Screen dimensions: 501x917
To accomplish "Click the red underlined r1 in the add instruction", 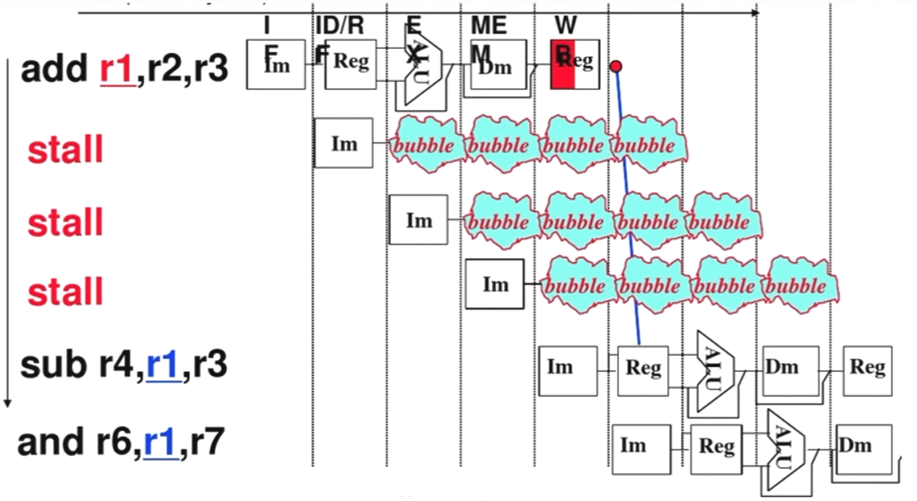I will tap(116, 70).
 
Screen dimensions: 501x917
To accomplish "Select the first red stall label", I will tap(66, 150).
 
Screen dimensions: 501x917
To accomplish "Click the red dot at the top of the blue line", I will tap(616, 67).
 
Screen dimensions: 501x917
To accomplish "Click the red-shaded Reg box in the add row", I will tap(574, 63).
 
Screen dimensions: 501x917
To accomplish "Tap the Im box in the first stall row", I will tap(344, 143).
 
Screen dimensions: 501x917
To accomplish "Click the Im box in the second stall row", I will tap(418, 220).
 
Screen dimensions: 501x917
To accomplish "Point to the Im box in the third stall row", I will tap(495, 285).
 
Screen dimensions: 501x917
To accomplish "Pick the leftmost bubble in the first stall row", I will tap(427, 145).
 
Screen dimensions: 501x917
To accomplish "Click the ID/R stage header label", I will tap(339, 26).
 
